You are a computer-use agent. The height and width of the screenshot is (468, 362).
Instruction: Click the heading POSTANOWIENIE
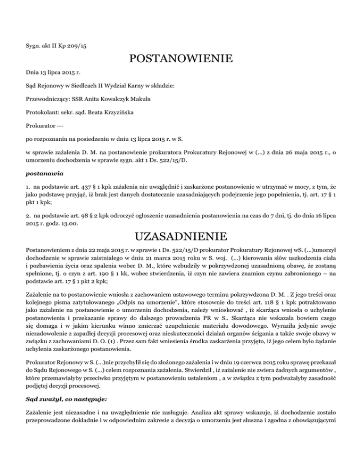(x=181, y=59)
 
